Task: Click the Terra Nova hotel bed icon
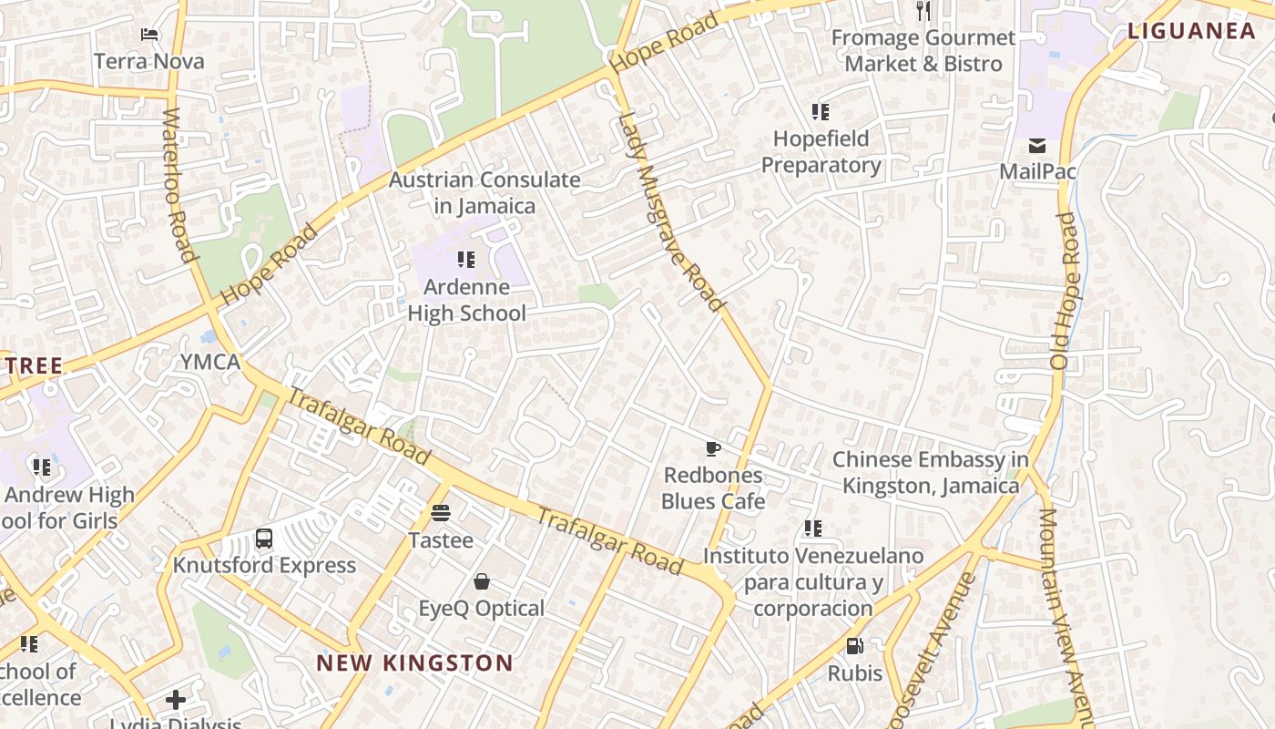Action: point(149,35)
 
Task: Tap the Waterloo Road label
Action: point(179,186)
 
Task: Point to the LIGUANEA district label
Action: point(1191,31)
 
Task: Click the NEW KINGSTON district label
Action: point(414,662)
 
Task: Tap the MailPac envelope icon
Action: point(1036,146)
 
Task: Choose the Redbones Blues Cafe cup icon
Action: point(713,448)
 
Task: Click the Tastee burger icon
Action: point(441,513)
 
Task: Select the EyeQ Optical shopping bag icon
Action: point(482,581)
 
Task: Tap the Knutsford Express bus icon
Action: point(264,539)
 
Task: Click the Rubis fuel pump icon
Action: point(854,646)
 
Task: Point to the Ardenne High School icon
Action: point(466,260)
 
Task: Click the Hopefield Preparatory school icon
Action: point(821,112)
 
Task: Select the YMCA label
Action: point(209,362)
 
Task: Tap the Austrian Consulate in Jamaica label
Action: point(484,192)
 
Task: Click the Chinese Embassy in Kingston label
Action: point(930,472)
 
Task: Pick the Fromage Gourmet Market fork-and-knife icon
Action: point(923,11)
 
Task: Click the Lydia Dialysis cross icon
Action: point(176,700)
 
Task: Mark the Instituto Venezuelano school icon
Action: point(813,529)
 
